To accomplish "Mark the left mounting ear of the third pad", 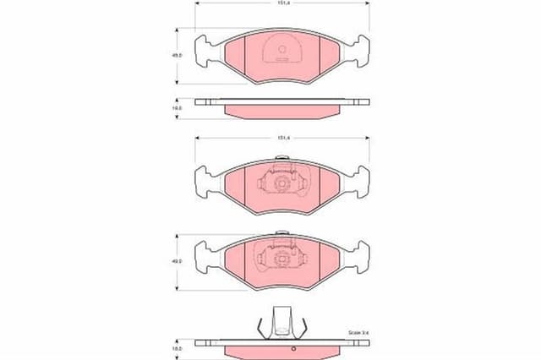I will coord(203,254).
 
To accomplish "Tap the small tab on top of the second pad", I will coord(281,159).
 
